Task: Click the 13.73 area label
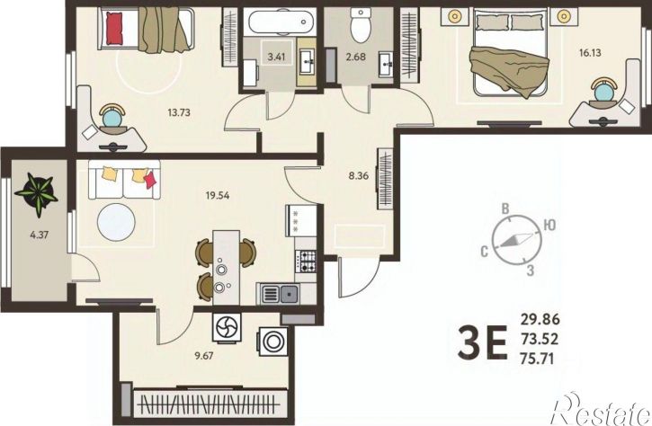(179, 112)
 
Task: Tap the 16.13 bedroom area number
(590, 52)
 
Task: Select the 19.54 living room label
(218, 195)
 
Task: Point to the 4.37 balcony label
(40, 235)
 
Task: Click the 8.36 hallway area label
(359, 176)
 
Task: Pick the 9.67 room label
(204, 356)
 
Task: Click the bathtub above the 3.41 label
(280, 22)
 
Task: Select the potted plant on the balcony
(38, 193)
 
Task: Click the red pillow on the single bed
(114, 28)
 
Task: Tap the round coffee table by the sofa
(116, 222)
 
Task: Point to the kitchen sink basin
(289, 294)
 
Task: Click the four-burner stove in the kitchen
(305, 261)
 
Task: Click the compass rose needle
(516, 240)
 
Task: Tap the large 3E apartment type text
(483, 342)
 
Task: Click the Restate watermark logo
(601, 410)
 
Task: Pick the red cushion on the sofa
(150, 180)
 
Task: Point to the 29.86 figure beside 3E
(540, 320)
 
